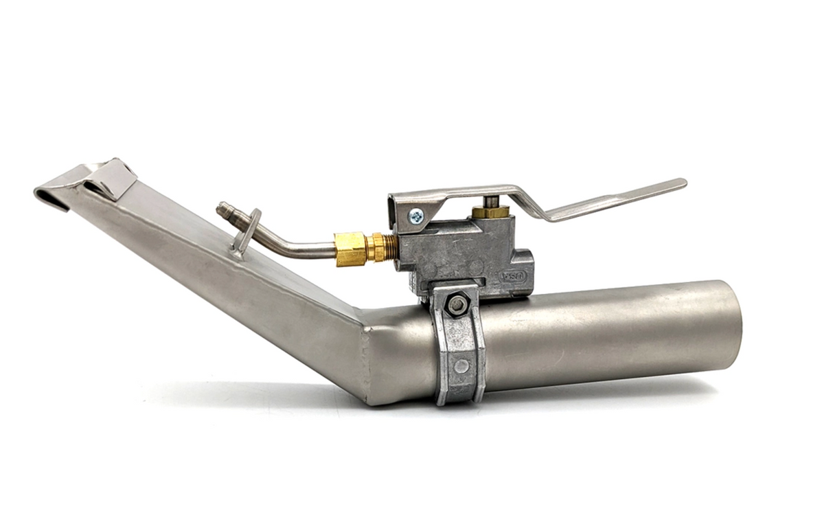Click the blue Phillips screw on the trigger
point(416,216)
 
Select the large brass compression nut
point(350,248)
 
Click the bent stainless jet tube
point(288,244)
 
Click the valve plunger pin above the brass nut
point(492,201)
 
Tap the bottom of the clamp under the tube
point(459,397)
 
